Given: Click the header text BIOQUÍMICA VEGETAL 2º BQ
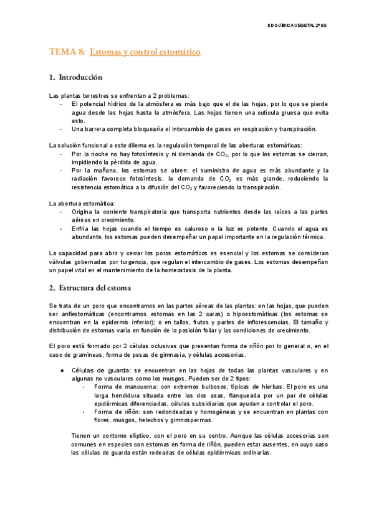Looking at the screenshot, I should pos(318,26).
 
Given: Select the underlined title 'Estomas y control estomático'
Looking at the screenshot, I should pos(145,53).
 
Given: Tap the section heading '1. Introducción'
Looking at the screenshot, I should pos(75,78).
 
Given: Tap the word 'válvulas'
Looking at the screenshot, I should pos(63,262).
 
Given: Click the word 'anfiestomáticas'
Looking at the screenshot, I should pos(86,315).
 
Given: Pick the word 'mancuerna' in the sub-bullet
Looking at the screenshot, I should pos(136,387).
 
